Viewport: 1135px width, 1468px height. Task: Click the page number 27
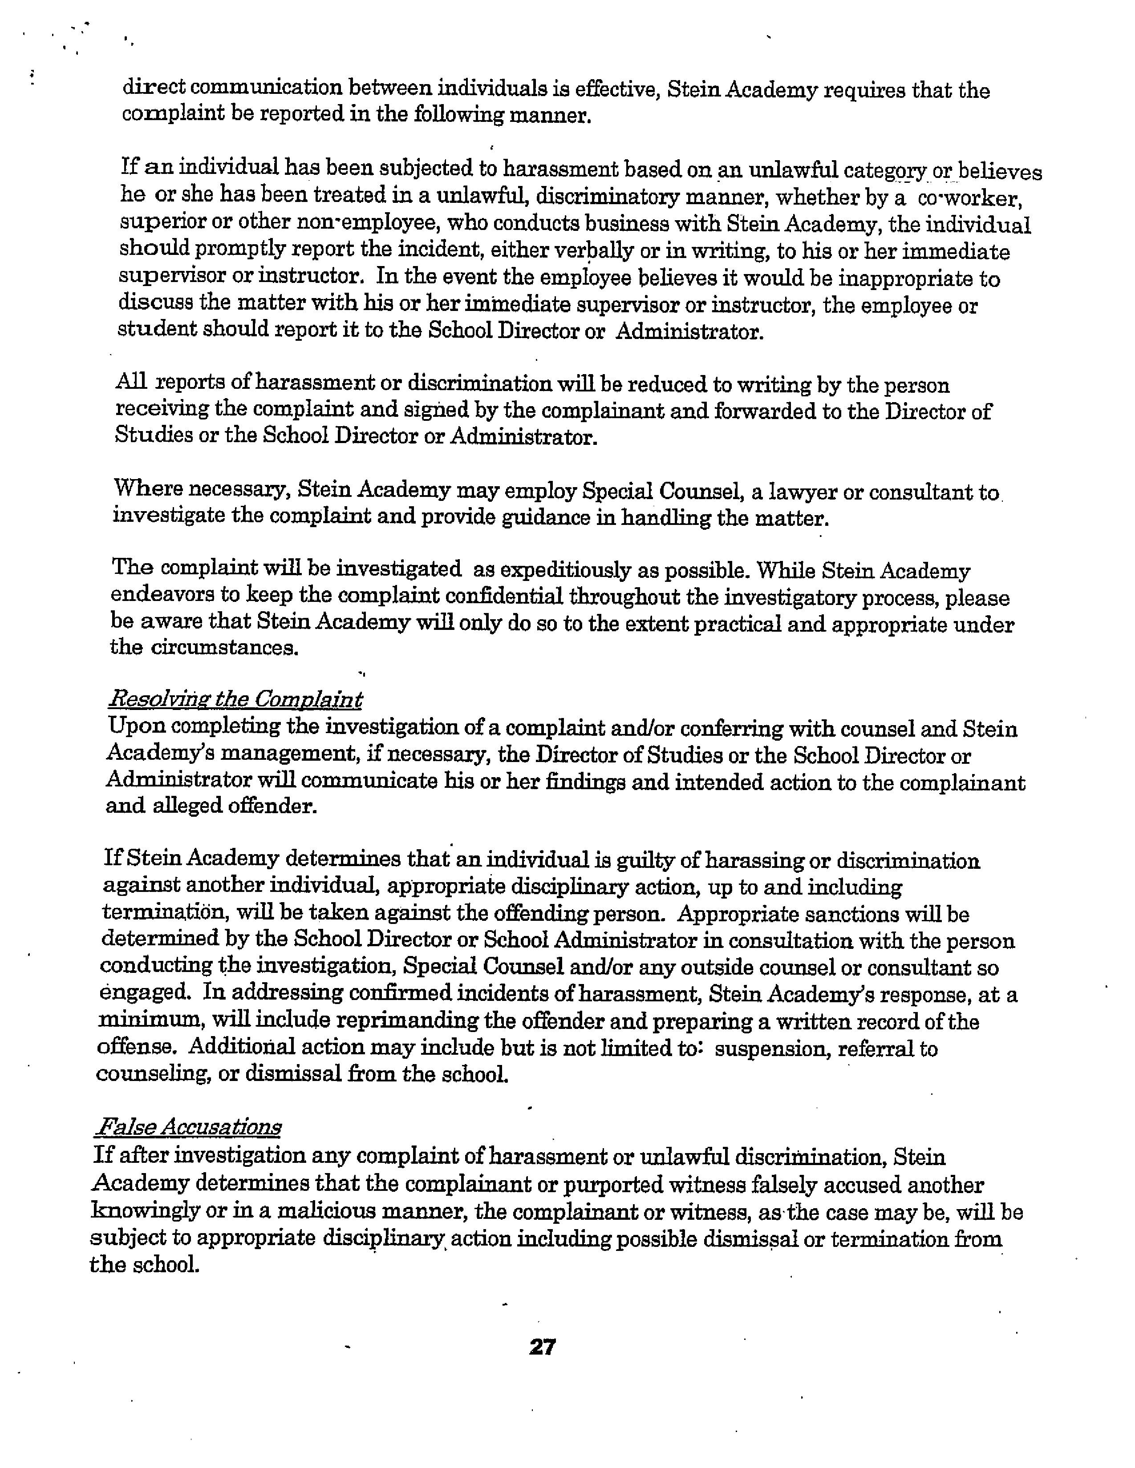[542, 1347]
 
